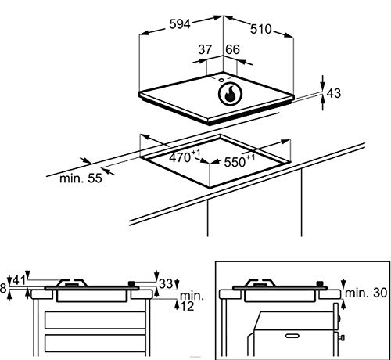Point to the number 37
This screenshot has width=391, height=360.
point(205,49)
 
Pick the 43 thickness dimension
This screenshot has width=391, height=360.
point(333,93)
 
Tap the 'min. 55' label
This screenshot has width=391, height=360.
point(80,178)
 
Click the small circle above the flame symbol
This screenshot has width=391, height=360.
point(221,79)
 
